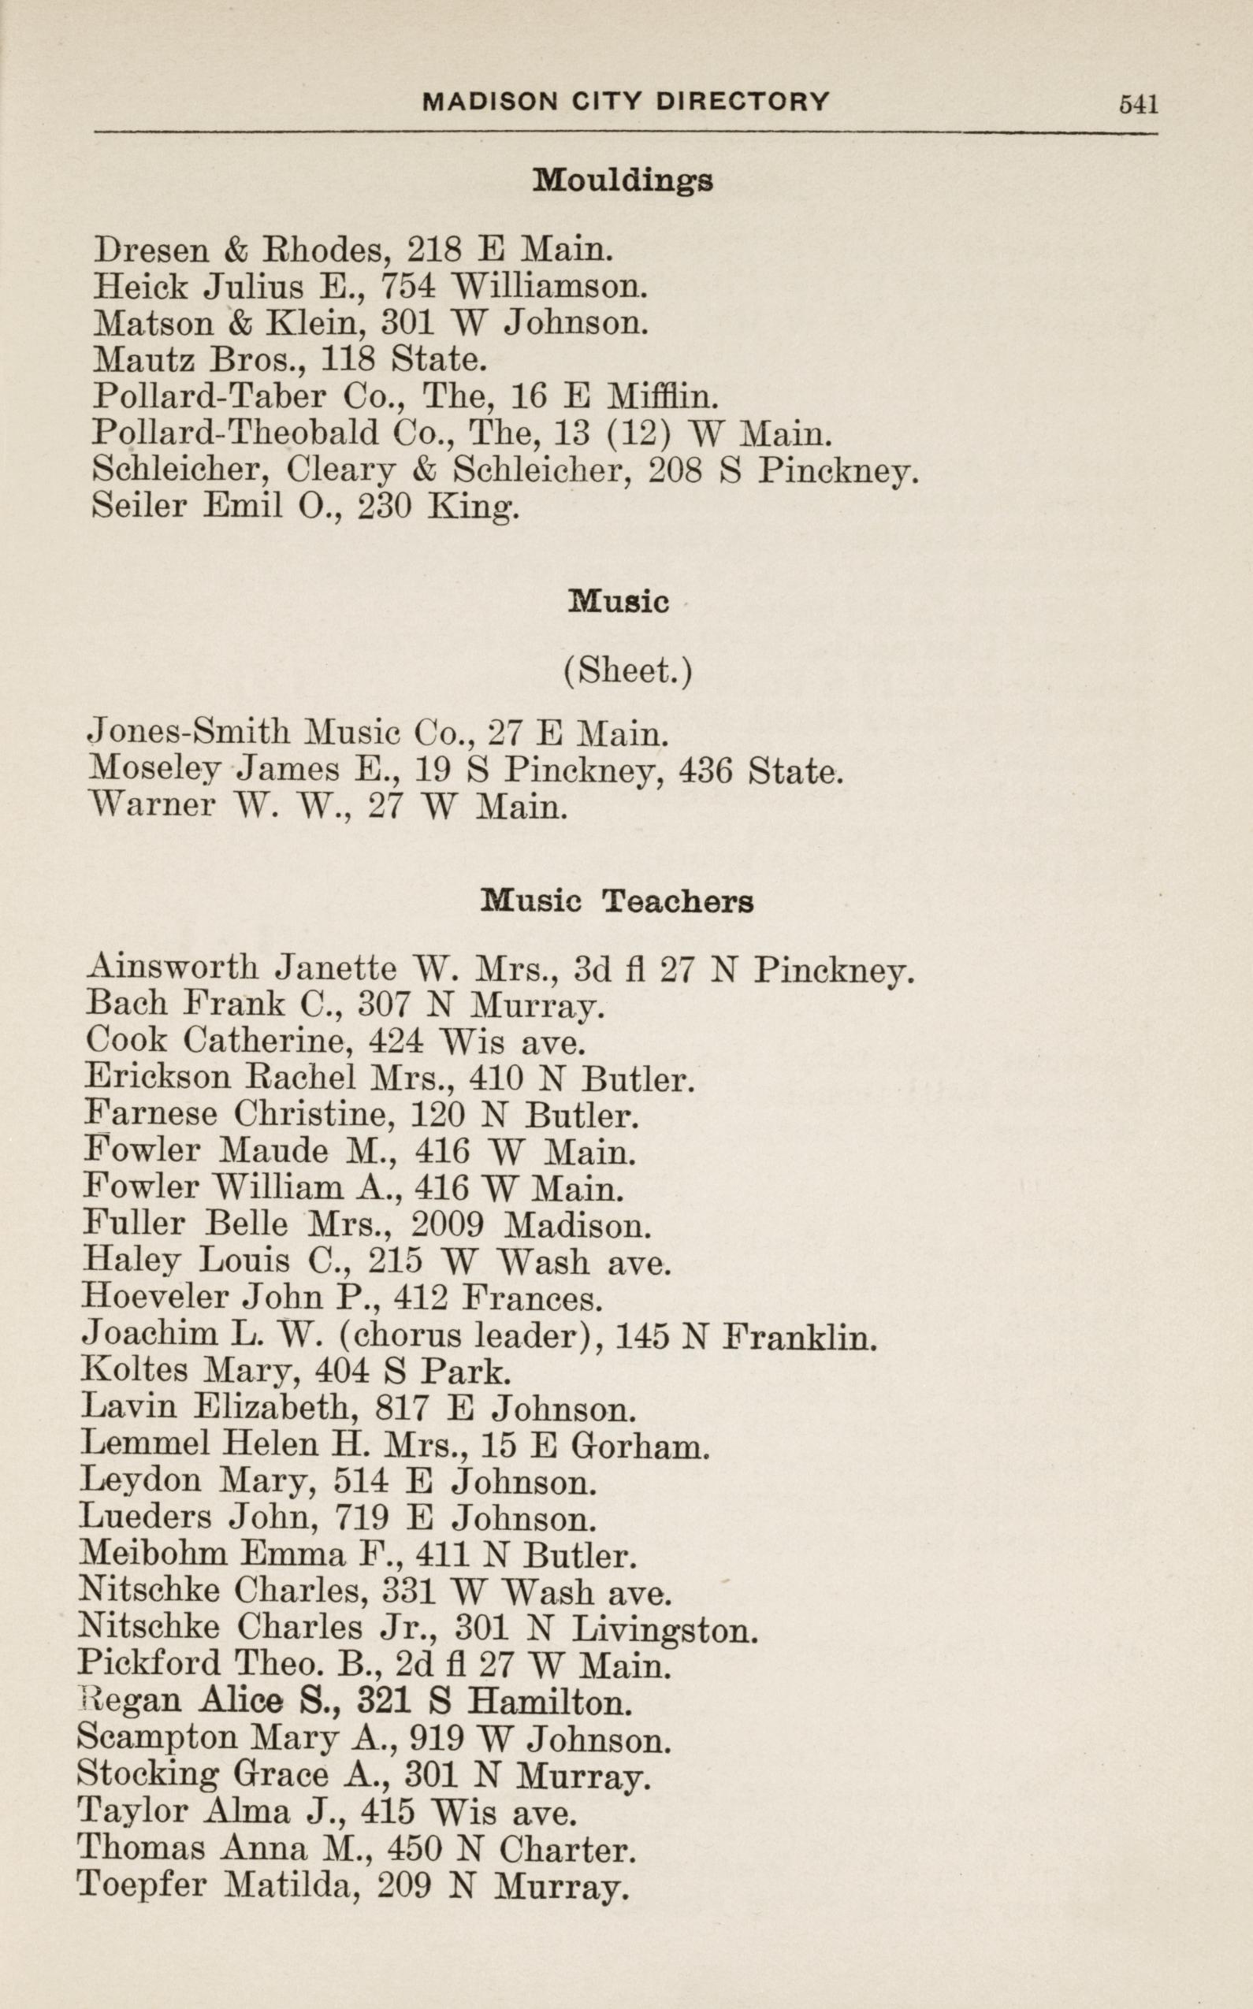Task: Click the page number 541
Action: pyautogui.click(x=1138, y=103)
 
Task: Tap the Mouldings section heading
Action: pyautogui.click(x=623, y=180)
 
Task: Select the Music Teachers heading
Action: pyautogui.click(x=616, y=901)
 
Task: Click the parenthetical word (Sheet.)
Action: pyautogui.click(x=626, y=670)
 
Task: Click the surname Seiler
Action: pyautogui.click(x=138, y=506)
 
